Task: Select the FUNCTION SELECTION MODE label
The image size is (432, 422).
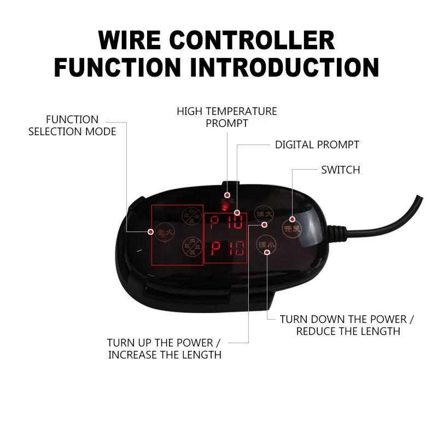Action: pyautogui.click(x=72, y=125)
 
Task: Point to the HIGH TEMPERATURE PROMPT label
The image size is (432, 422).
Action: pyautogui.click(x=226, y=117)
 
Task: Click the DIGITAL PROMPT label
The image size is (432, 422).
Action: pyautogui.click(x=317, y=145)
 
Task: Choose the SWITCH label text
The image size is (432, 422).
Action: pyautogui.click(x=340, y=170)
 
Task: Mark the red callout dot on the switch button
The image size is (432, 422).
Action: pyautogui.click(x=293, y=219)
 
